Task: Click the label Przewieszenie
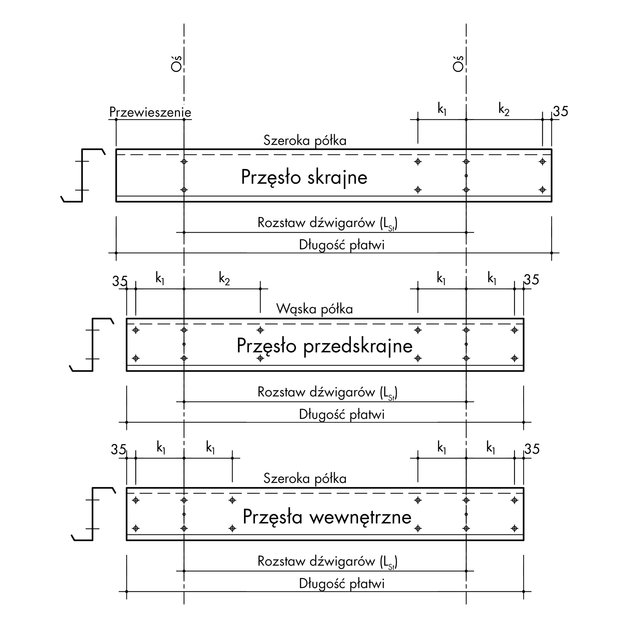pos(150,112)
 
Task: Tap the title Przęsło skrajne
pos(304,177)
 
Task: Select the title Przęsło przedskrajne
pos(324,346)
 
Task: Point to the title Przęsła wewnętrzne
pos(327,517)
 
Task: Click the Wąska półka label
pos(314,309)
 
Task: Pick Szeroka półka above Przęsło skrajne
pos(305,141)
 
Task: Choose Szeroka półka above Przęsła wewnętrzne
pos(305,479)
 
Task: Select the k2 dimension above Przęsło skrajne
pos(504,110)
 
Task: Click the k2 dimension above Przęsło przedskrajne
pos(224,279)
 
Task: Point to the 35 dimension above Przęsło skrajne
pos(561,111)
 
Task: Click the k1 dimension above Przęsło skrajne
pos(442,110)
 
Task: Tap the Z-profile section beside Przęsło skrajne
pos(82,176)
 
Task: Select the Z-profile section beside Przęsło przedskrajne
pos(93,344)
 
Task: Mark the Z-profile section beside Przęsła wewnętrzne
pos(93,514)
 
